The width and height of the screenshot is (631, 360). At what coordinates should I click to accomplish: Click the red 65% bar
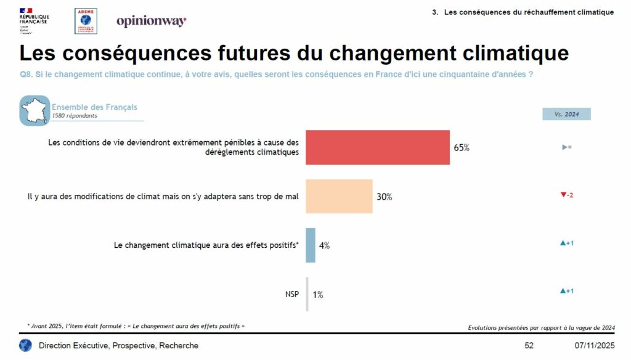click(x=378, y=147)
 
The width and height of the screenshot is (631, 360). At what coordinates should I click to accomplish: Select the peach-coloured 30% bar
click(x=339, y=196)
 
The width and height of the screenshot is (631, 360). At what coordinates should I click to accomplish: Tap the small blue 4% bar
click(x=311, y=245)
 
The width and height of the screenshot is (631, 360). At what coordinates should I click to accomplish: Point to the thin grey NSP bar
click(x=307, y=294)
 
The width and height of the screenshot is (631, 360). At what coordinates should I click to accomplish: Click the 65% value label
click(x=462, y=148)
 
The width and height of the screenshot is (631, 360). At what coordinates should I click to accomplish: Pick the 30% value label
click(x=385, y=197)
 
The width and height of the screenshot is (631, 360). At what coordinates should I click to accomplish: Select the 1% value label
click(x=318, y=295)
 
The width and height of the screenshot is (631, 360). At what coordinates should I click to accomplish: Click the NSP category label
click(x=291, y=294)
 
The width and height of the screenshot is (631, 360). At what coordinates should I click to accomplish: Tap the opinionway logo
click(x=151, y=22)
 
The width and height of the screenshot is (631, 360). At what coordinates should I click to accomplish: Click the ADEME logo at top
click(x=86, y=21)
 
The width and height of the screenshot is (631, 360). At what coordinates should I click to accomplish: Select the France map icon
click(x=35, y=111)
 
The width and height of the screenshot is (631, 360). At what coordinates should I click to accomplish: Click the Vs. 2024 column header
click(x=566, y=114)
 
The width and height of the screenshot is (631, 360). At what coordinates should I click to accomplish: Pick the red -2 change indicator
click(x=566, y=195)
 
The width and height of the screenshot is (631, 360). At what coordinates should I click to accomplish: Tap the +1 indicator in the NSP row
click(x=566, y=291)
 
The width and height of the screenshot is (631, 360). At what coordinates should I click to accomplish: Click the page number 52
click(x=529, y=345)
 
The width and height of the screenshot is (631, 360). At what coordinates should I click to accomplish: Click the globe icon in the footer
click(x=25, y=345)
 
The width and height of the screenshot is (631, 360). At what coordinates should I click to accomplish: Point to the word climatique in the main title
click(x=518, y=53)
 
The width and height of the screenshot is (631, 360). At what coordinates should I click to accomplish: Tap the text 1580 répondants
click(x=74, y=115)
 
